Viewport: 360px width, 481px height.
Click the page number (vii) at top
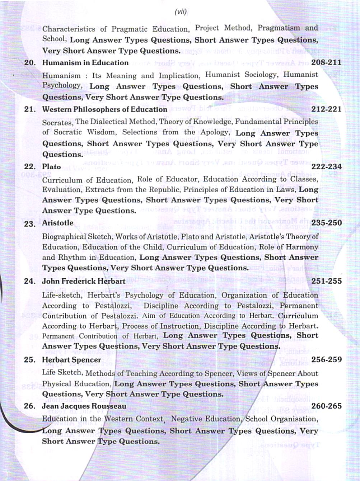tap(181, 12)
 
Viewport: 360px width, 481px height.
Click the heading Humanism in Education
tap(85, 63)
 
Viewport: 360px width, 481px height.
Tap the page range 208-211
tap(326, 62)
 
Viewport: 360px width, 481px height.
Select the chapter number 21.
tap(30, 109)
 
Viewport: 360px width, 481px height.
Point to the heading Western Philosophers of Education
tap(104, 109)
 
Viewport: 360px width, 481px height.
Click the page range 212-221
tap(326, 109)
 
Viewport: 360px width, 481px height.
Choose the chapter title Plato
tap(51, 166)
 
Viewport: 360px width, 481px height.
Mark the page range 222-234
tap(326, 166)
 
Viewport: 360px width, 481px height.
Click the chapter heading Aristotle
tap(57, 223)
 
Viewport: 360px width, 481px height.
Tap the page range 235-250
tap(326, 223)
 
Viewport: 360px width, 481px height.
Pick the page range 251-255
tap(326, 281)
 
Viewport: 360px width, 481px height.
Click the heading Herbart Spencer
tap(71, 360)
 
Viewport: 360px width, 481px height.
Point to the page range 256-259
tap(326, 359)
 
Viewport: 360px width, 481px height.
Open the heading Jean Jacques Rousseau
tap(84, 406)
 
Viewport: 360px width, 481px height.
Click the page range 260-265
tap(326, 406)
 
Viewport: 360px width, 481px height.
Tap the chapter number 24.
tap(30, 281)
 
